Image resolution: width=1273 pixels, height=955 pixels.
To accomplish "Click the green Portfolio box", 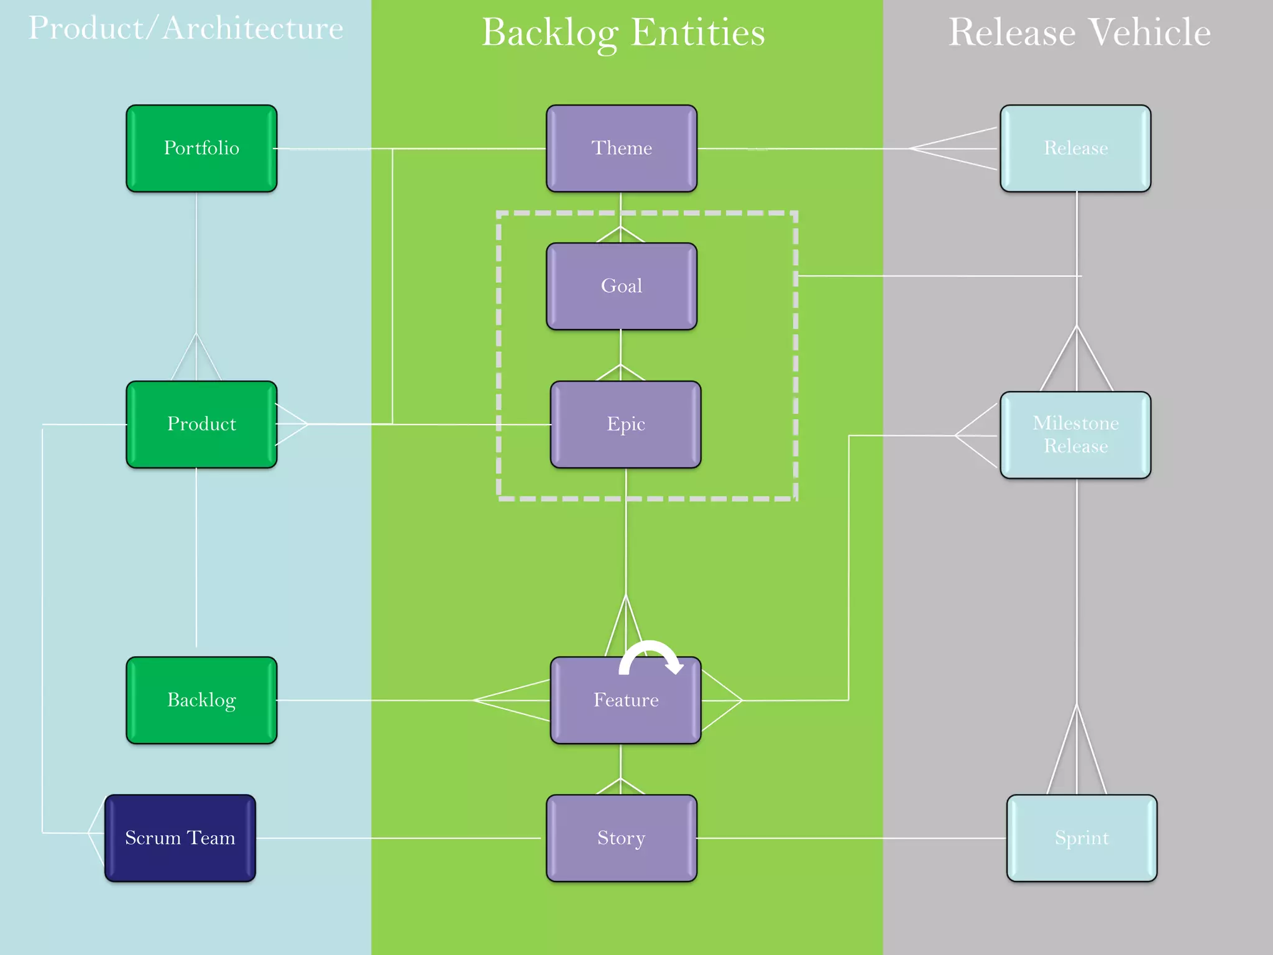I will click(201, 148).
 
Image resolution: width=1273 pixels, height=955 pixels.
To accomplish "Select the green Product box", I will click(201, 424).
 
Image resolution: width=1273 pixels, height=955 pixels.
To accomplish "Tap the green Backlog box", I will click(201, 700).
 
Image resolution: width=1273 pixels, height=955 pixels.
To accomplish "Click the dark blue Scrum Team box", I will click(180, 837).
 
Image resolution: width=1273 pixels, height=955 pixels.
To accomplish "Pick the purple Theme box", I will click(622, 148).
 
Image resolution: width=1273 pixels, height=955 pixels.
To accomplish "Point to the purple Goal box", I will click(622, 286).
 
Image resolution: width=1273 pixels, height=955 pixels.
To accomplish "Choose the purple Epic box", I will click(625, 424).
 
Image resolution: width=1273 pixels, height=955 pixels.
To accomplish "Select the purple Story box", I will click(622, 837).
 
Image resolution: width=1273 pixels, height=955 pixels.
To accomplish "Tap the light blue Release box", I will click(1075, 148).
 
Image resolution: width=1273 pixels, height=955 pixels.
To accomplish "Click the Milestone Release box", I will click(1075, 435).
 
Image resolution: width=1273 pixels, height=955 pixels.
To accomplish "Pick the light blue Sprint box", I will click(1082, 837).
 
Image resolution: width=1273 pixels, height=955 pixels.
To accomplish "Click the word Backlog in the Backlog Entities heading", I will click(549, 32).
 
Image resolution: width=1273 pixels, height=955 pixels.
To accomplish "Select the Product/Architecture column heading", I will click(186, 29).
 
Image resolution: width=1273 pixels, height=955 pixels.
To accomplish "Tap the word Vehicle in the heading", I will click(1150, 32).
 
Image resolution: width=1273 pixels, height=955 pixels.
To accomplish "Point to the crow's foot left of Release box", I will click(954, 149).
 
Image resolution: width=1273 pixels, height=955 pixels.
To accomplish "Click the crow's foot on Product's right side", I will click(292, 424).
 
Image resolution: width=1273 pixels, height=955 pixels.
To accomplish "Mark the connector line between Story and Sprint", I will click(852, 837).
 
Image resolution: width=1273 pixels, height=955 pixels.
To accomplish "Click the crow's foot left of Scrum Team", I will click(96, 833).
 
